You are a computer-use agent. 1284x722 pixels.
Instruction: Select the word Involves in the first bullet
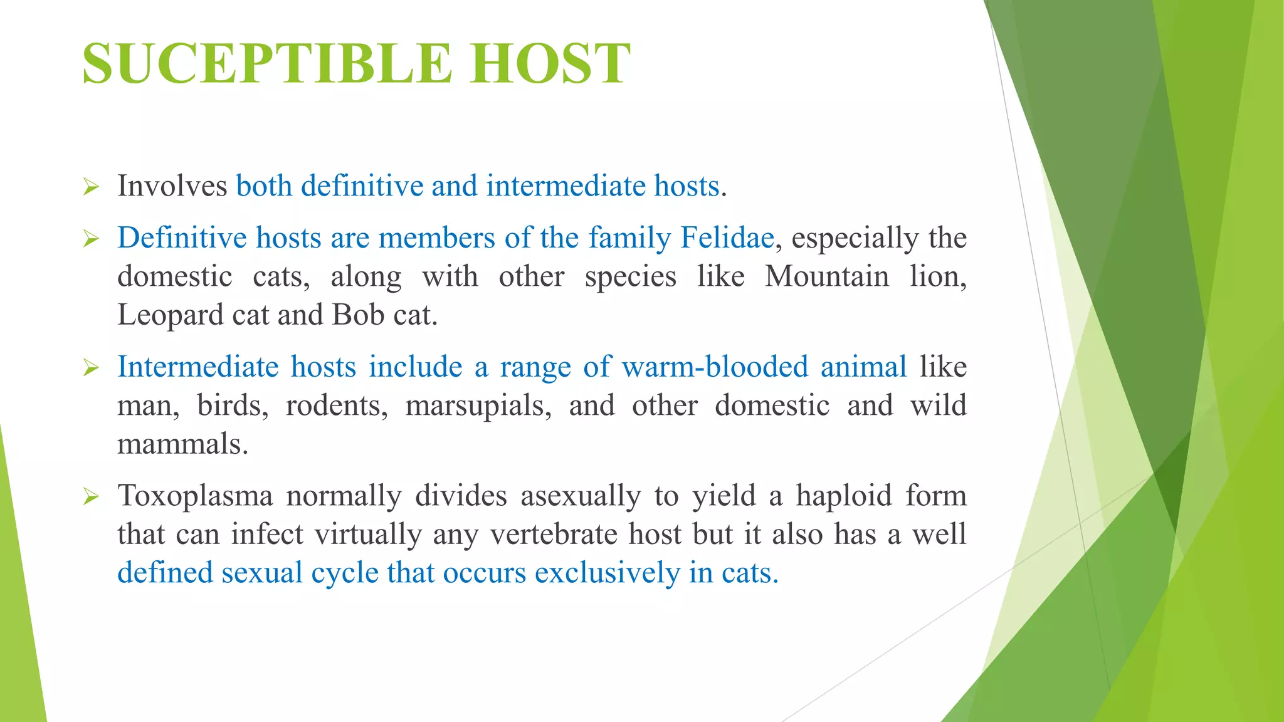click(x=172, y=186)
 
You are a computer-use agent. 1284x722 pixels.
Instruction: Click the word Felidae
click(x=727, y=238)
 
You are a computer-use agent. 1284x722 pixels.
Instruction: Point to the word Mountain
click(x=826, y=276)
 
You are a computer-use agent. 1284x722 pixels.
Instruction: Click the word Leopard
click(x=170, y=315)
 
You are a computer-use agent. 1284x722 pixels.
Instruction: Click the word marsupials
click(x=478, y=405)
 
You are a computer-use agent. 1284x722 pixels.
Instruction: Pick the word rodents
click(x=337, y=405)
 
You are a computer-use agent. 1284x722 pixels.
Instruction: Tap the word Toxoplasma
click(x=195, y=496)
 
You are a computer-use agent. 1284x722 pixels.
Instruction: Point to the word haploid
click(x=844, y=496)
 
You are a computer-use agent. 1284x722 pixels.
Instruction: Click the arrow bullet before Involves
click(x=91, y=187)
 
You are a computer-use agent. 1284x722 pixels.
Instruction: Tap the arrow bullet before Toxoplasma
click(x=91, y=497)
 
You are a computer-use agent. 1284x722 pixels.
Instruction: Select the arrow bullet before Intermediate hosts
click(x=91, y=368)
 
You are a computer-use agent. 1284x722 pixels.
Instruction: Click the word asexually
click(x=580, y=496)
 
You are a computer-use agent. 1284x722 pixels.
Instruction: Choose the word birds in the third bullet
click(x=233, y=405)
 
